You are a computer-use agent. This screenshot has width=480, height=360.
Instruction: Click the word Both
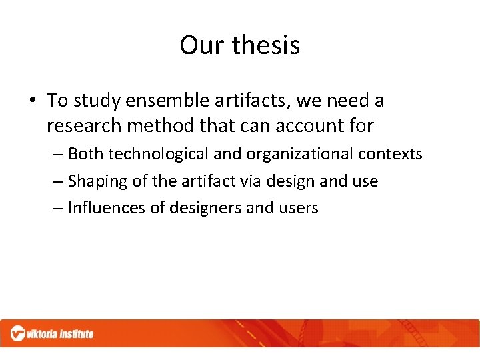pos(86,154)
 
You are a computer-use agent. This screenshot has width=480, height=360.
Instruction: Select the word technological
pos(158,154)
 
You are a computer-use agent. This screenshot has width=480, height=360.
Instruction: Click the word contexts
pos(390,154)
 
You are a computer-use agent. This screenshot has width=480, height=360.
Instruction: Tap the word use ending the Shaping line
pos(365,181)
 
